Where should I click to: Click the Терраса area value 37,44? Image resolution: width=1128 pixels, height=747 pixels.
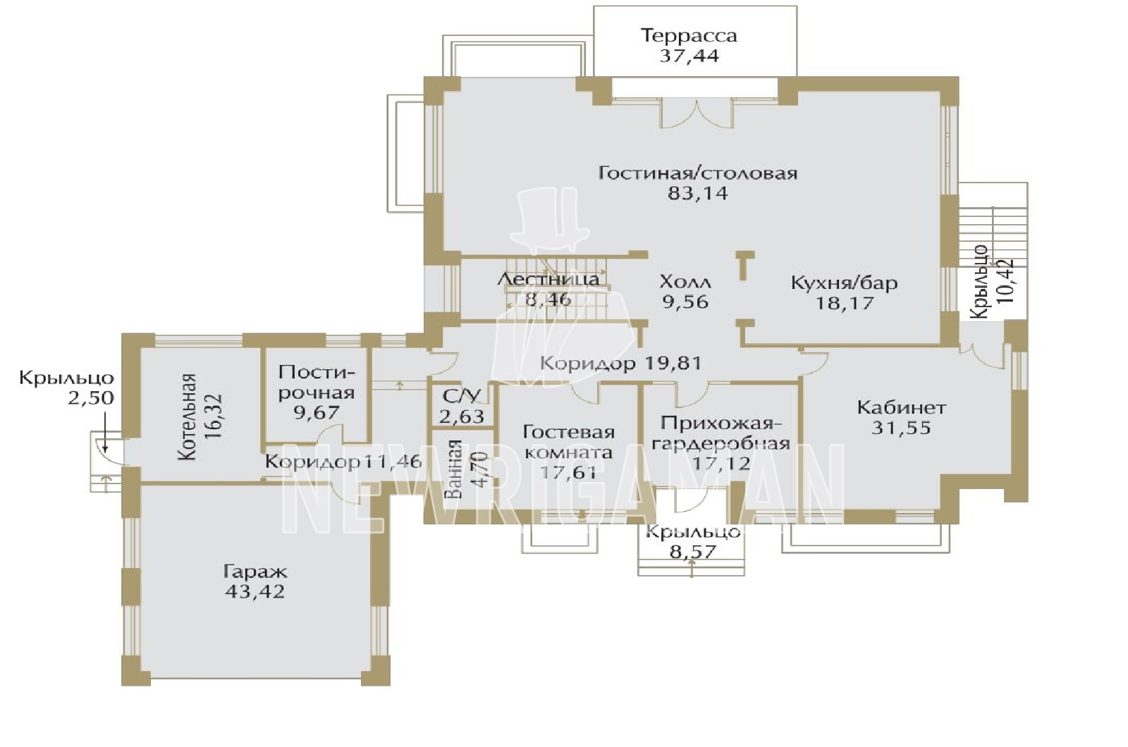[x=689, y=56]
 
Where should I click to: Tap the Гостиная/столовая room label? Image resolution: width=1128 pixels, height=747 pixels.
[x=698, y=173]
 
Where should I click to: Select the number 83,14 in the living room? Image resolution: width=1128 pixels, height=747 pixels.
[x=697, y=193]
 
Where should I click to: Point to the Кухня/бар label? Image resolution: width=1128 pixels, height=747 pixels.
[x=845, y=283]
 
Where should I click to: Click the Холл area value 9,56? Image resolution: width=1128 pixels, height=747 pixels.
[x=685, y=302]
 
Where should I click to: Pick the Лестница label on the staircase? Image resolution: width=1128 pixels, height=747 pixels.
[x=548, y=279]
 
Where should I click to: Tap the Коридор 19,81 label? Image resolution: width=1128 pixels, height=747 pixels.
[x=620, y=363]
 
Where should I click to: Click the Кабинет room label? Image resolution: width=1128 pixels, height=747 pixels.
[x=902, y=407]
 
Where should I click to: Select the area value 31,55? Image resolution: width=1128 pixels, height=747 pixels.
[x=902, y=428]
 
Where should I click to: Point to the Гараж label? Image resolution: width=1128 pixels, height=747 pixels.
[x=255, y=572]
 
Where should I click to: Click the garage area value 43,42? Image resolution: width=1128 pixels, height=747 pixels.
[x=255, y=591]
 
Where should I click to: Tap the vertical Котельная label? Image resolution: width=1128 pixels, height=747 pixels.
[x=188, y=416]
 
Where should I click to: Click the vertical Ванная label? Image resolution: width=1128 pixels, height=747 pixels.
[x=454, y=469]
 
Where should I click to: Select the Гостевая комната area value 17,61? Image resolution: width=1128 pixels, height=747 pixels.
[x=568, y=472]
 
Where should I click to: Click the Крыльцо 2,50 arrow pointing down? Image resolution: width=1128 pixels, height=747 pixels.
[x=104, y=431]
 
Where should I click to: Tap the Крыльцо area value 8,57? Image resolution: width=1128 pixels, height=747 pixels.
[x=692, y=552]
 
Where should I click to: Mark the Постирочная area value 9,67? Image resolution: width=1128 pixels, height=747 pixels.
[x=317, y=413]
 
